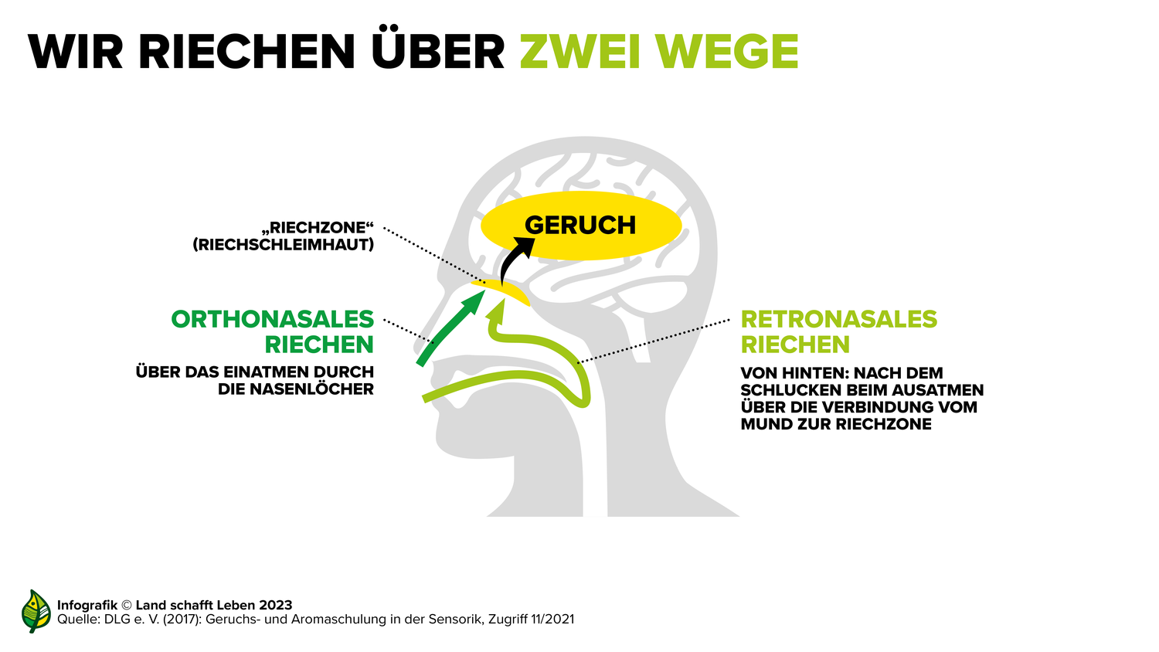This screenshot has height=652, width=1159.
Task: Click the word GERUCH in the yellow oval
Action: pos(580,225)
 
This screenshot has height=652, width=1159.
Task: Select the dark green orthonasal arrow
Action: pos(450,329)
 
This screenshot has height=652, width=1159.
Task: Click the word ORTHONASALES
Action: pos(272,319)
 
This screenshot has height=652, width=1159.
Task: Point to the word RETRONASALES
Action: pos(838,319)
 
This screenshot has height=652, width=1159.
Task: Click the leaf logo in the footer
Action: pos(36,611)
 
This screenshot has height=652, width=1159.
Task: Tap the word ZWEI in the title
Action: pos(580,51)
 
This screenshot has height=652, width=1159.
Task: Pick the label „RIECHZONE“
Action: pos(318,228)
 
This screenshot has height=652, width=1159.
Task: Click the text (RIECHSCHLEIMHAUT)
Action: pos(283,245)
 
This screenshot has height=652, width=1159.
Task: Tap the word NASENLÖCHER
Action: pos(311,389)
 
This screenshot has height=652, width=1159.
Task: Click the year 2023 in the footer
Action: pos(276,605)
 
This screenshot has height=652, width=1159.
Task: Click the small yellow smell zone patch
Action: pos(500,292)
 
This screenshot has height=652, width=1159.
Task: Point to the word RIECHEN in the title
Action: pos(246,51)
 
